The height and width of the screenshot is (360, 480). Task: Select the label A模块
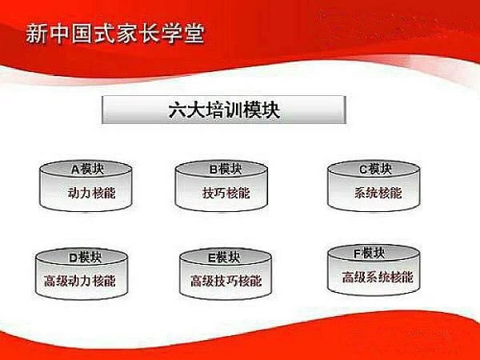click(87, 169)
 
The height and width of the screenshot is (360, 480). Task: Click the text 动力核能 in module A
click(86, 193)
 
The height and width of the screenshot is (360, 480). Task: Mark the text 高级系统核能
click(377, 278)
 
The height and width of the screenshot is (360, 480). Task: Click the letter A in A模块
click(74, 169)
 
